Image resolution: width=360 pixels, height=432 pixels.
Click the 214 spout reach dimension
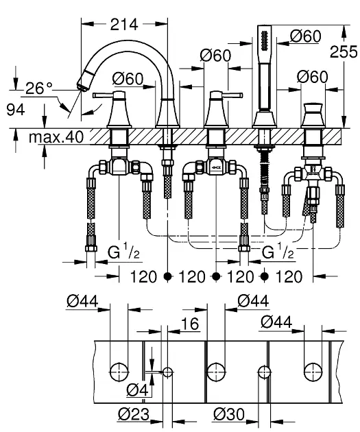(x=124, y=25)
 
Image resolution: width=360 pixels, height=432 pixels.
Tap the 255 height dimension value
(x=344, y=51)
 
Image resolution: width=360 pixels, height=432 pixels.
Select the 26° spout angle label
(x=38, y=88)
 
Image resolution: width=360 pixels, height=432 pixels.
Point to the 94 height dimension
(x=16, y=110)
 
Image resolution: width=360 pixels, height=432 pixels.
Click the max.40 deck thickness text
(x=56, y=137)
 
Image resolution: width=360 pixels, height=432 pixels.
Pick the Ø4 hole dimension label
(x=137, y=389)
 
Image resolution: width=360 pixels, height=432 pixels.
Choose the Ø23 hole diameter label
(x=134, y=414)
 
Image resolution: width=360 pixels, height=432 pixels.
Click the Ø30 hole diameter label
(x=229, y=414)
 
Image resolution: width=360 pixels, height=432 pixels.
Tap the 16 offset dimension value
(x=190, y=324)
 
